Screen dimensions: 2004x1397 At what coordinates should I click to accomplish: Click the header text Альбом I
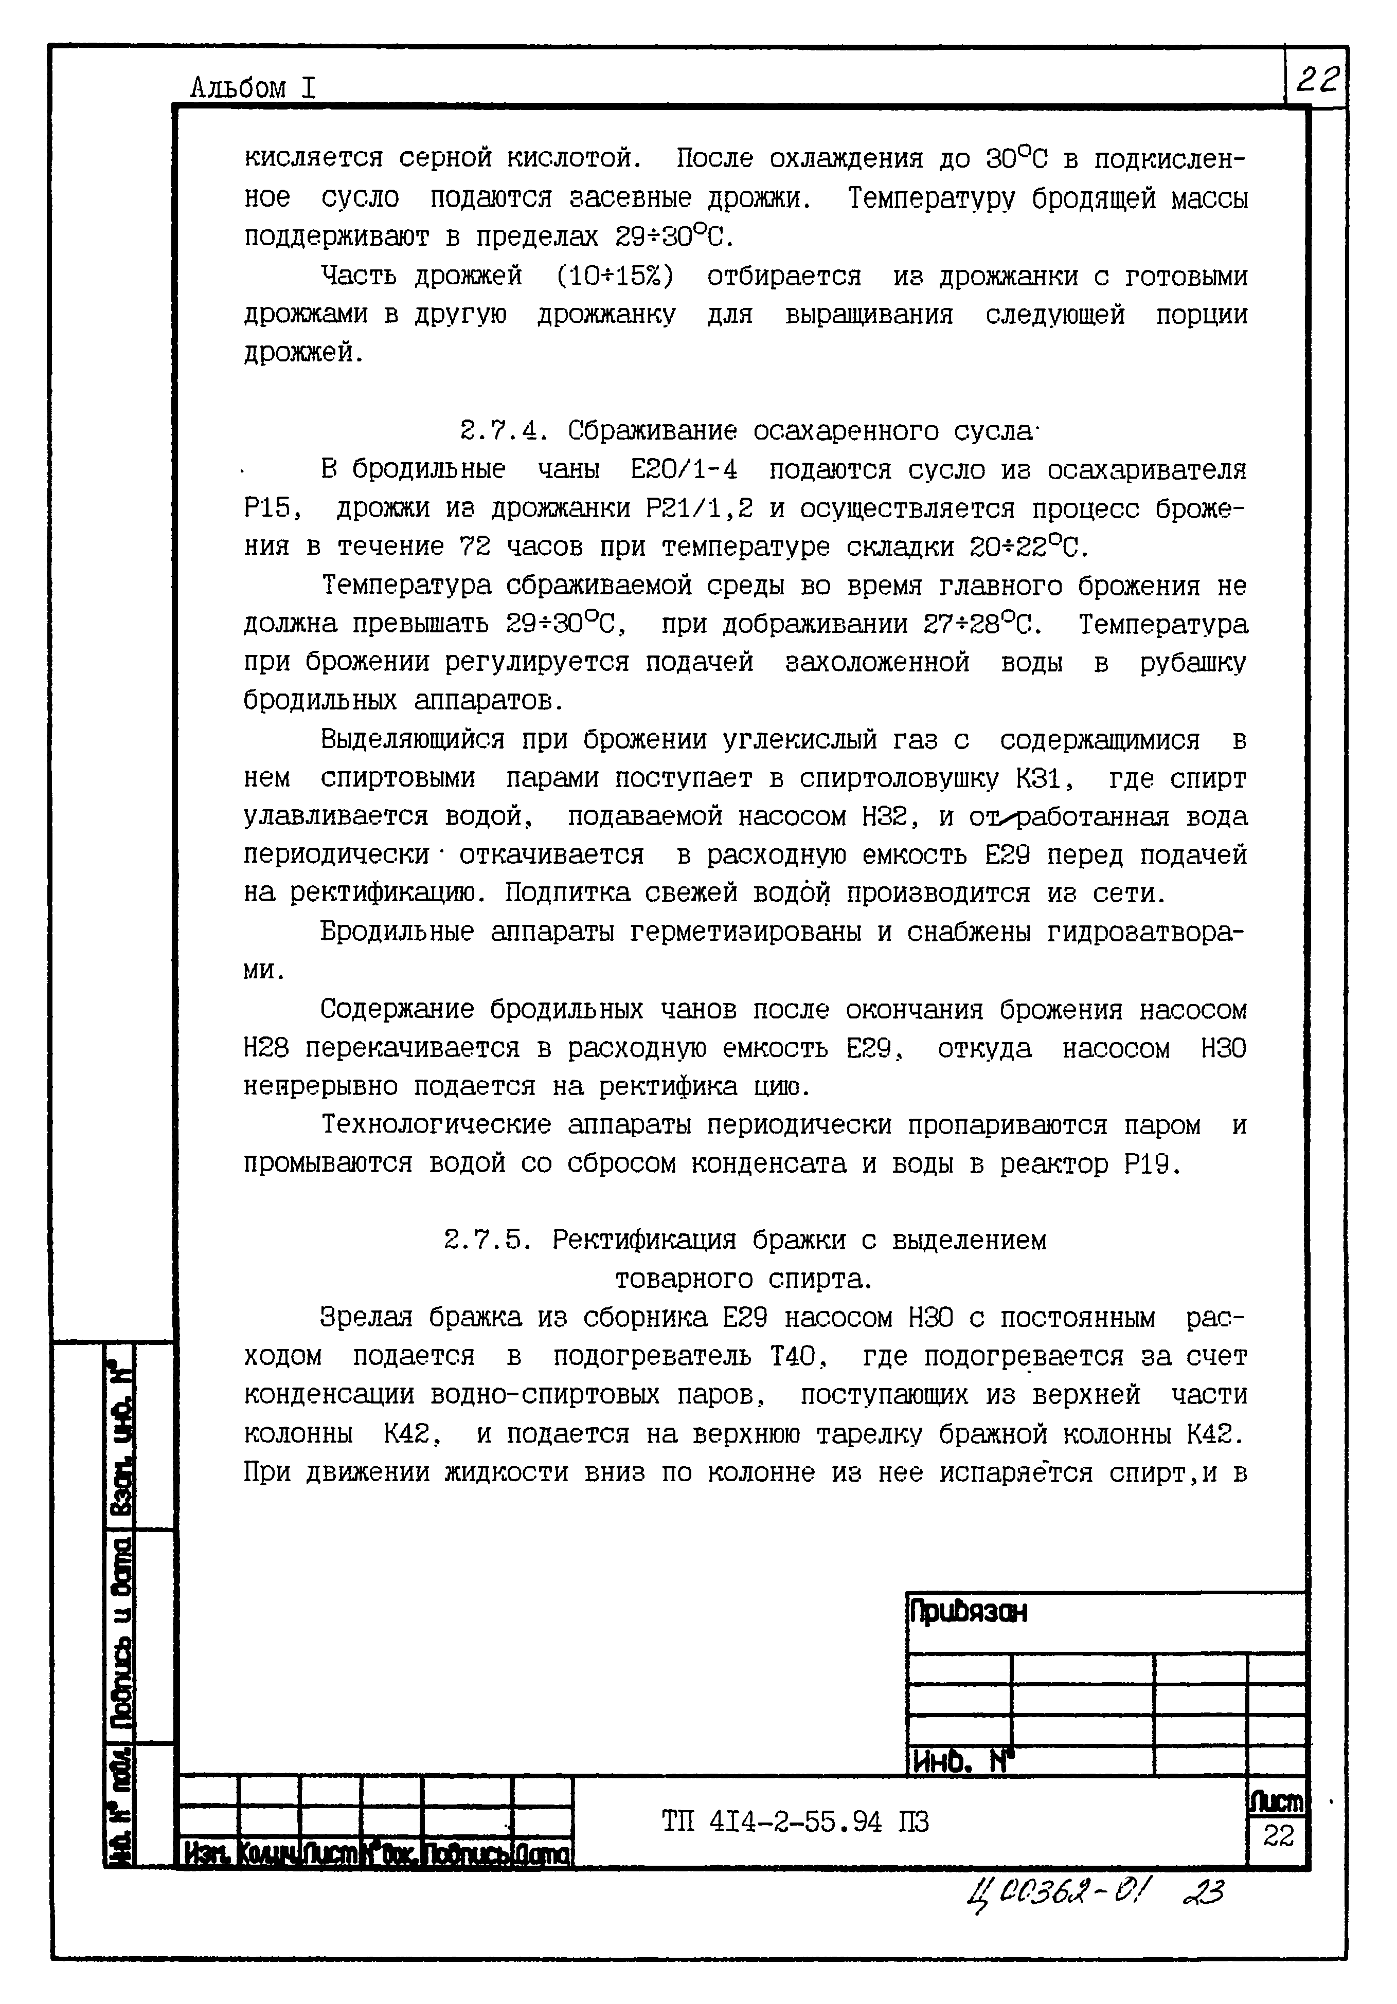[253, 87]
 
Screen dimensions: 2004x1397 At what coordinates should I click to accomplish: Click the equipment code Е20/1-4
[684, 469]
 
